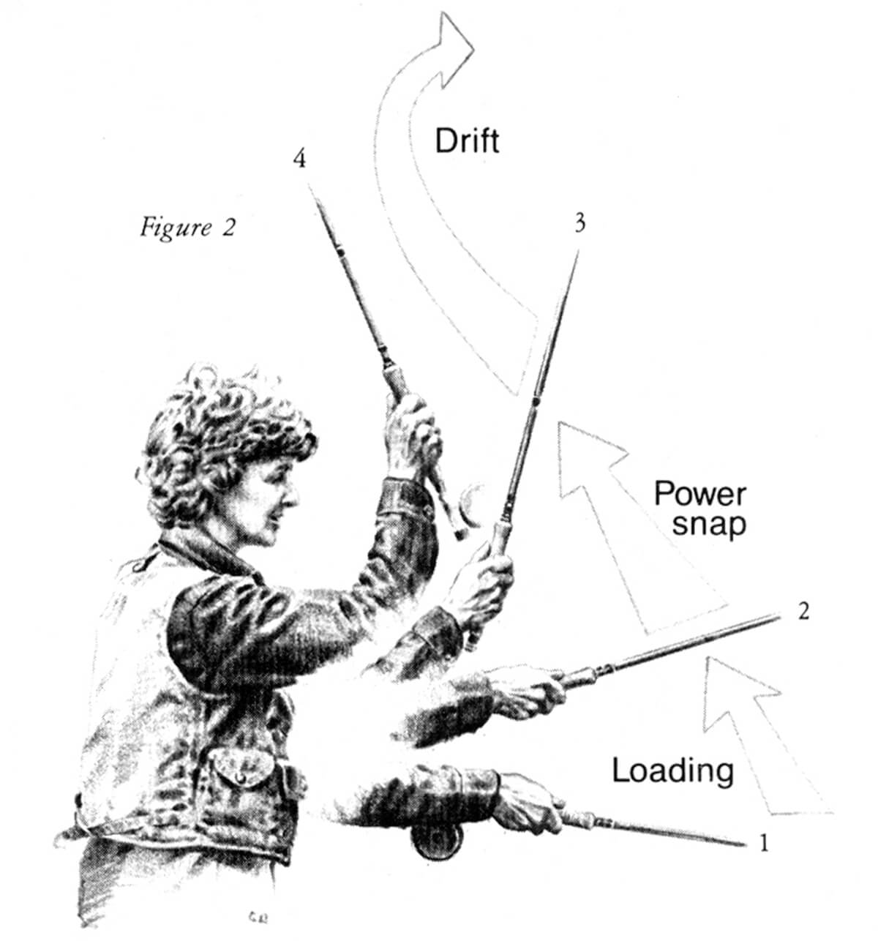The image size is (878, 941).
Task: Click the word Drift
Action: (467, 140)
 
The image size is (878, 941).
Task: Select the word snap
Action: (709, 525)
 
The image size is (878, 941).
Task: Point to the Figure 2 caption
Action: (187, 228)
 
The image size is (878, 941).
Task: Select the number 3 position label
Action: (580, 222)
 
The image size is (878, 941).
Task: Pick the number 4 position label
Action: (299, 159)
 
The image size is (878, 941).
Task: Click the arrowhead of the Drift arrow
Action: (451, 48)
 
